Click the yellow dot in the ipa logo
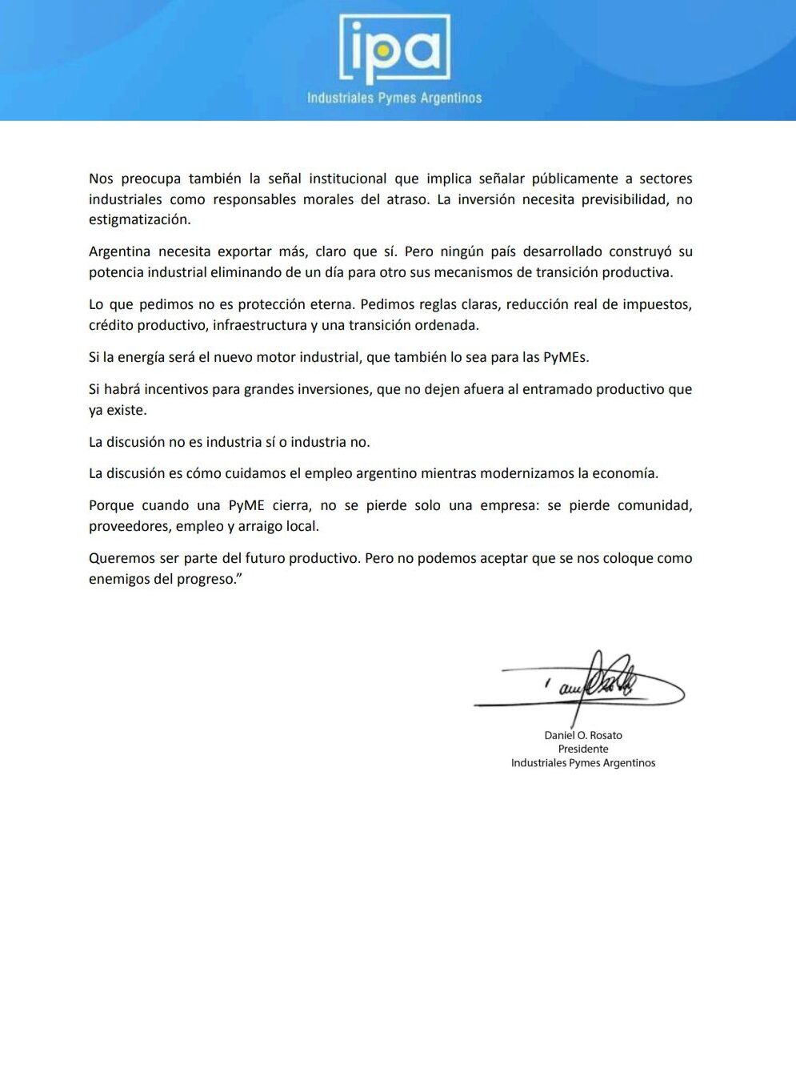coord(383,50)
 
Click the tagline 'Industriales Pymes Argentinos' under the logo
coord(394,98)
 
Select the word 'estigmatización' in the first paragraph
coord(139,219)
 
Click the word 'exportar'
coord(245,251)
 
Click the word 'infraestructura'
coord(259,325)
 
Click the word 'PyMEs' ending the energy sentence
coord(566,357)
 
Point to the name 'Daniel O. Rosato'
coord(583,735)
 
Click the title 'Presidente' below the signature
coord(583,749)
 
